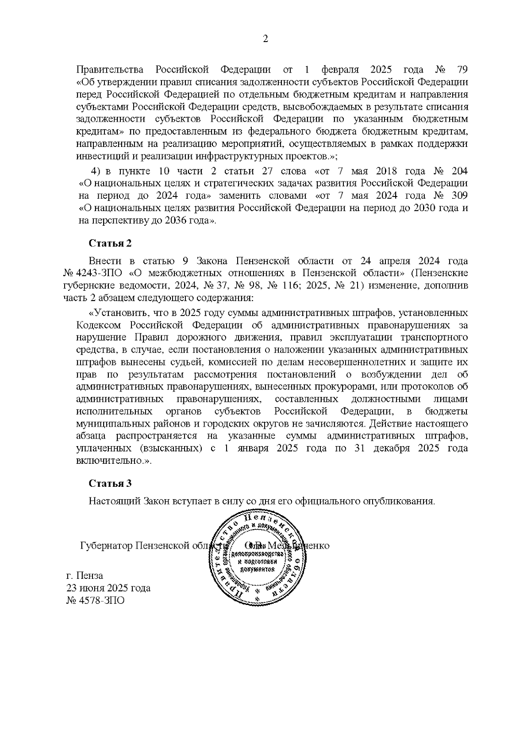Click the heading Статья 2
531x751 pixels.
pyautogui.click(x=110, y=243)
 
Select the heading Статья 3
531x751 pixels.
pyautogui.click(x=110, y=483)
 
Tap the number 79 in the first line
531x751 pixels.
pyautogui.click(x=461, y=70)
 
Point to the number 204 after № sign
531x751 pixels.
pyautogui.click(x=460, y=171)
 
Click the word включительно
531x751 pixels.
pyautogui.click(x=113, y=461)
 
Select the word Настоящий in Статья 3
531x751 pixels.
pyautogui.click(x=114, y=501)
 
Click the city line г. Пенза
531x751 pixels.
pyautogui.click(x=85, y=576)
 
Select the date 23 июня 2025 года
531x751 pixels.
pyautogui.click(x=108, y=588)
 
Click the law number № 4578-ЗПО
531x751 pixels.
pyautogui.click(x=95, y=601)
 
